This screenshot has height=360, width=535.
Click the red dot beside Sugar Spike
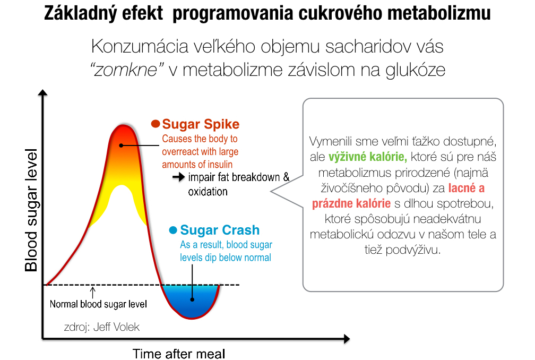click(156, 124)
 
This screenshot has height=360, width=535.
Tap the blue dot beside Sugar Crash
click(172, 230)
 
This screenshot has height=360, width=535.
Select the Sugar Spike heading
click(201, 124)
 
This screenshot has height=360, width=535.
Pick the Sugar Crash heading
click(220, 230)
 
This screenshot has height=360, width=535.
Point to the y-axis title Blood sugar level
click(32, 210)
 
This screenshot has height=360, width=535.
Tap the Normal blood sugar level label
click(98, 304)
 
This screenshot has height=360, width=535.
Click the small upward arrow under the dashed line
click(93, 291)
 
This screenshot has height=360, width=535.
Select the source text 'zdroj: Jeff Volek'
click(101, 327)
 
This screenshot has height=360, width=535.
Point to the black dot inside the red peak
click(122, 145)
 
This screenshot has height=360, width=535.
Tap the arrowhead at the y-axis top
click(42, 96)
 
